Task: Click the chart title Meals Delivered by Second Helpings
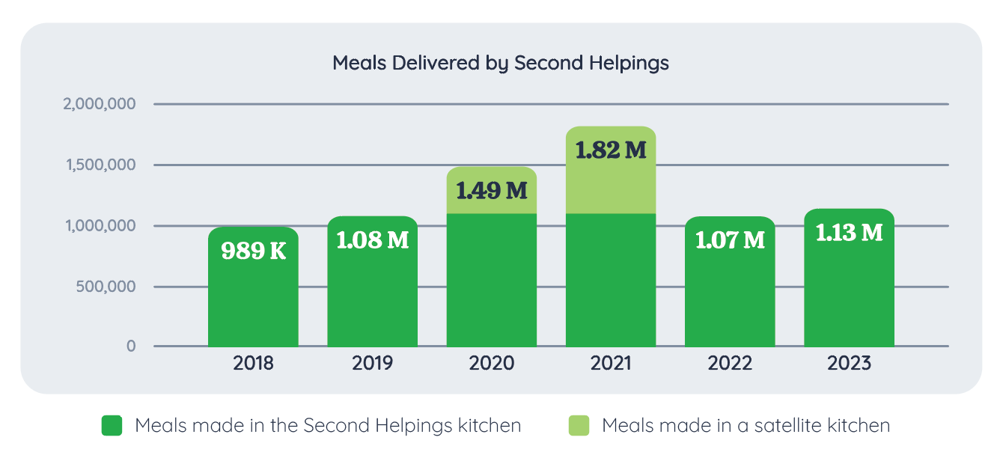[500, 63]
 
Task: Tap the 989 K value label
[253, 250]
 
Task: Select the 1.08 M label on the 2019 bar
[372, 241]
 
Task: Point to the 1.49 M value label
[491, 191]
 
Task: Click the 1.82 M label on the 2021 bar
[610, 150]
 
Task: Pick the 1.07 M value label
[730, 240]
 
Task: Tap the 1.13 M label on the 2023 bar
[849, 233]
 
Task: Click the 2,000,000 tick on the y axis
[100, 104]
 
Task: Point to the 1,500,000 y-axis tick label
[101, 165]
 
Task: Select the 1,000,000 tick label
[101, 226]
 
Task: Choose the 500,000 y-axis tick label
[106, 287]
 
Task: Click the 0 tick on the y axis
[131, 347]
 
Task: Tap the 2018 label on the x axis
[253, 364]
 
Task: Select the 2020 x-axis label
[491, 364]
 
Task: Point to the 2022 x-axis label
[730, 364]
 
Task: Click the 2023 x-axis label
[849, 364]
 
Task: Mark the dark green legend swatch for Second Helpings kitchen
[112, 426]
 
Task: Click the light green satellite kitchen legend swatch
[579, 426]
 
